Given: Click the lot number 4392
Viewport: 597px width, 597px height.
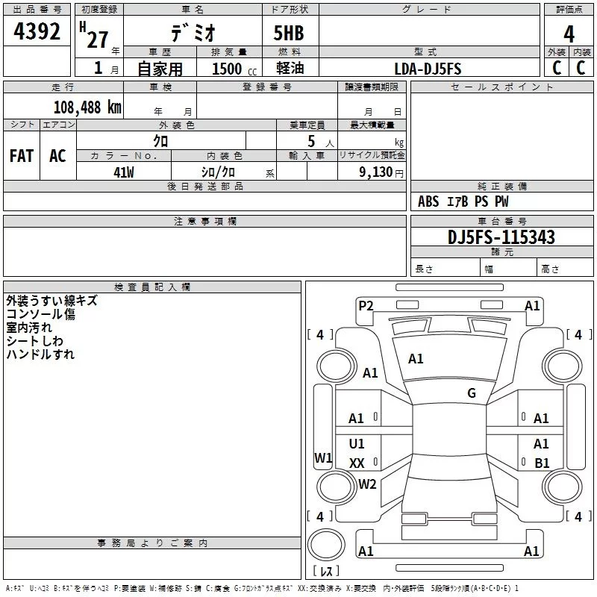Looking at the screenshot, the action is click(x=37, y=31).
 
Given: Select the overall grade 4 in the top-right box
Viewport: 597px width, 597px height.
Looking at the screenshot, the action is click(x=569, y=34).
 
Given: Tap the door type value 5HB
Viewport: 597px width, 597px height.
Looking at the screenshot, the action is click(x=289, y=33).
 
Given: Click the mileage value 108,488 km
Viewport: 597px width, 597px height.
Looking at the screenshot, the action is click(x=87, y=107).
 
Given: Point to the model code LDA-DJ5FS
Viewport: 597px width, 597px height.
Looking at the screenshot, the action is click(x=428, y=69).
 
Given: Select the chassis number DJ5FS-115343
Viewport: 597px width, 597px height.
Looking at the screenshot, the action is click(x=501, y=237).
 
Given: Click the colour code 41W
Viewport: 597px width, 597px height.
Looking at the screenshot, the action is click(x=124, y=172).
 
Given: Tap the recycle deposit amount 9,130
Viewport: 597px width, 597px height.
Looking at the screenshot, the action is click(x=375, y=172).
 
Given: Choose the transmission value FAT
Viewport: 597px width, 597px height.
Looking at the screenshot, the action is click(x=22, y=156).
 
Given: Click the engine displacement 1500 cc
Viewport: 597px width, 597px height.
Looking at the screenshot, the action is click(x=234, y=69).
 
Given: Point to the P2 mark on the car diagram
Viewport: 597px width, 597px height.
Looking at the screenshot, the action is click(x=366, y=306).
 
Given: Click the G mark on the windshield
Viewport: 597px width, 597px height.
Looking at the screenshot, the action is click(x=472, y=393).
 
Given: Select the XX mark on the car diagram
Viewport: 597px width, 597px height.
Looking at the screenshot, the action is click(x=357, y=463).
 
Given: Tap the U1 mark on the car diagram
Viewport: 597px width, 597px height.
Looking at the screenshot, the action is click(x=357, y=443).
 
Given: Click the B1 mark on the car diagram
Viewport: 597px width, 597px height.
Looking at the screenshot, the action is click(x=542, y=463).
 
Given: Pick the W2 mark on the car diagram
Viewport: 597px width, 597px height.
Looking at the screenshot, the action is click(x=367, y=484).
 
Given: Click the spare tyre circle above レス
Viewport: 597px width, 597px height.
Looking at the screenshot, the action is click(x=326, y=544).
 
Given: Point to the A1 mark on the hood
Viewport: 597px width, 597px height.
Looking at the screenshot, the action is click(x=416, y=359).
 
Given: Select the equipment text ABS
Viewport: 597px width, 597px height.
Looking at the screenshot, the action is click(x=428, y=201).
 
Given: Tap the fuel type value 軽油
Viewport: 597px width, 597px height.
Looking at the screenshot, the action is click(x=290, y=68).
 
